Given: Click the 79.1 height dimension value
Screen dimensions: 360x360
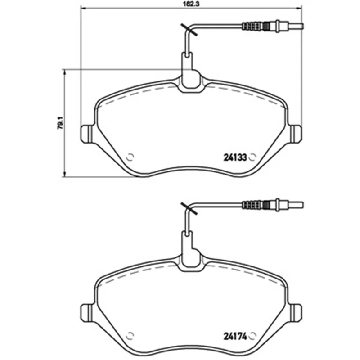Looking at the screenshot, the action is coord(60,123).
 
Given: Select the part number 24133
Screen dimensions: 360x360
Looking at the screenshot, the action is coord(235,157).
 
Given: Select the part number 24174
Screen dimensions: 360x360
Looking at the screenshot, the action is coord(235,337).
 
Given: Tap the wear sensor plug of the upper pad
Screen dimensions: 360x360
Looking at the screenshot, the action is coord(273,26).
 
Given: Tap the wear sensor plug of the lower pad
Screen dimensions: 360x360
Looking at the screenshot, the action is coord(273,204).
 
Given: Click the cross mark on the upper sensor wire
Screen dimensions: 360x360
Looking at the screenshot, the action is coord(189,30).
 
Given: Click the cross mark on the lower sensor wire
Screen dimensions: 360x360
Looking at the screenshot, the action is coord(189,208).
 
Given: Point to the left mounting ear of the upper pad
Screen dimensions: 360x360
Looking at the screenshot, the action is coord(87,134).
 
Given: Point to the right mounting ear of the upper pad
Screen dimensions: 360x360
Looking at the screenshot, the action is coord(296,134).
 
